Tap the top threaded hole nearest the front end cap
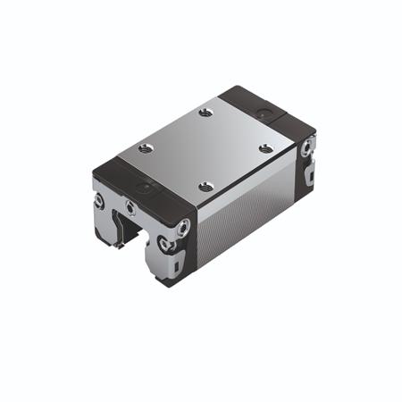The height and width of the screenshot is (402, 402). pos(206,187)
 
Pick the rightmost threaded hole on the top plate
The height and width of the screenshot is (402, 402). pos(265,147)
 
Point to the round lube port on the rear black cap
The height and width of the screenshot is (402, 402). pos(263,110)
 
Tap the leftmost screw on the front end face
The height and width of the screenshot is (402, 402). pos(99,201)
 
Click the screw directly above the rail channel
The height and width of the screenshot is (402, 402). pos(131,208)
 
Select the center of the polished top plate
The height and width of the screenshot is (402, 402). pos(205,148)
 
